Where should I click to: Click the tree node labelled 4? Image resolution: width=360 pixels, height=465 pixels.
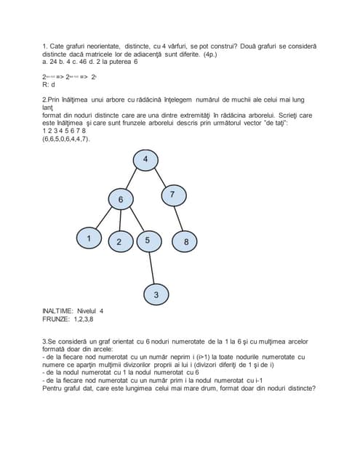[x=145, y=160]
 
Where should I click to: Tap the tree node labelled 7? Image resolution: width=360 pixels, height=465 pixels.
[x=172, y=194]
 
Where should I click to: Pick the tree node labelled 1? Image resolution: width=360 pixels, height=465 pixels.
[x=89, y=238]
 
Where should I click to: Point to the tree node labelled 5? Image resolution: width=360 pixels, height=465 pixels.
[x=148, y=240]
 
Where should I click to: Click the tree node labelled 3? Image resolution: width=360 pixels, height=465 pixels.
[x=156, y=294]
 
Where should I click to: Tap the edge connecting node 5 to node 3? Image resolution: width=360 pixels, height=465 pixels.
[x=152, y=267]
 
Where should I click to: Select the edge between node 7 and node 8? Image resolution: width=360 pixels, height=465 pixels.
[x=179, y=218]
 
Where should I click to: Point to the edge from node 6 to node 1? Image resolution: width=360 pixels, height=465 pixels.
[x=105, y=218]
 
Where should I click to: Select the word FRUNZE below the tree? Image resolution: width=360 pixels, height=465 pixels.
[x=57, y=319]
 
